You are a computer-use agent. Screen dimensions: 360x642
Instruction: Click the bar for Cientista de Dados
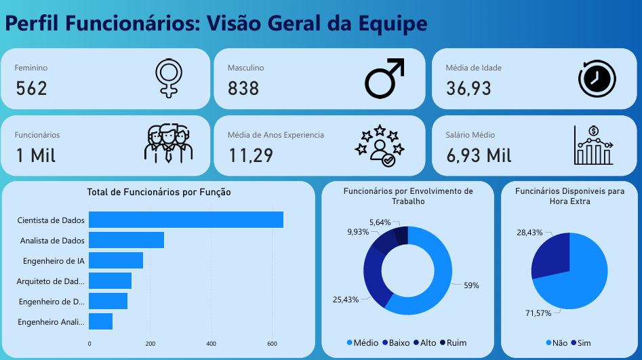tap(186, 220)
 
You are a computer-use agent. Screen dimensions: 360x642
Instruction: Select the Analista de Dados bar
tap(126, 240)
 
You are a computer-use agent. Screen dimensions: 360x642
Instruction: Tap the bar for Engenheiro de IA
tap(116, 260)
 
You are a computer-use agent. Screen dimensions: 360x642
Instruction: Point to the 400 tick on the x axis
tap(211, 343)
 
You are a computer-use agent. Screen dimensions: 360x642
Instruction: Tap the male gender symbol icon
tap(384, 77)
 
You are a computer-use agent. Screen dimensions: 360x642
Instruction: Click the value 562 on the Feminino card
tap(31, 88)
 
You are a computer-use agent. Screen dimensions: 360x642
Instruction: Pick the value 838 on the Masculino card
tap(243, 88)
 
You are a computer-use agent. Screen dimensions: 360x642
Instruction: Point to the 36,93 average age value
tap(468, 88)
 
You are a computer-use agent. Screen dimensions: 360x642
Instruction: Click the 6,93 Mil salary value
tap(479, 155)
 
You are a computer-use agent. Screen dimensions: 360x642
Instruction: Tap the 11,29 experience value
tap(250, 155)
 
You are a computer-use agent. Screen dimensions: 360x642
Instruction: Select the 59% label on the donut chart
tap(471, 285)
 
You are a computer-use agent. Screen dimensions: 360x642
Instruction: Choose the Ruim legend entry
tap(453, 343)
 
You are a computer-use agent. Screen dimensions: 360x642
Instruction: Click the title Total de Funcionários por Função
tap(159, 193)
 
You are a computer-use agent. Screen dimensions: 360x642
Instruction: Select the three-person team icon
tap(168, 144)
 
